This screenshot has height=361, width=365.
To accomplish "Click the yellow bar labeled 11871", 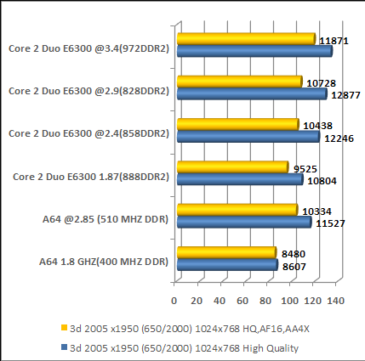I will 245,39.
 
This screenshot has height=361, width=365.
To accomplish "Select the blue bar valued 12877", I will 251,94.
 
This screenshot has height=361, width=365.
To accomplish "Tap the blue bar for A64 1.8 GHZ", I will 226,266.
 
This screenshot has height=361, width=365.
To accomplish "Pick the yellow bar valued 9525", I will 231,167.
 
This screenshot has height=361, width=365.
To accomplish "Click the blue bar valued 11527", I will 243,223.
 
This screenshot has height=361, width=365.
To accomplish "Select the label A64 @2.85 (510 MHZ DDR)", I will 106,219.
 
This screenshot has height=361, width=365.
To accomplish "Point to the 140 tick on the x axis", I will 334,300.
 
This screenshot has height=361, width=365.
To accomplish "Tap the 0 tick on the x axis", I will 174,300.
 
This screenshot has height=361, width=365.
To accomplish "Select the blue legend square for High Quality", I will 63,346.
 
